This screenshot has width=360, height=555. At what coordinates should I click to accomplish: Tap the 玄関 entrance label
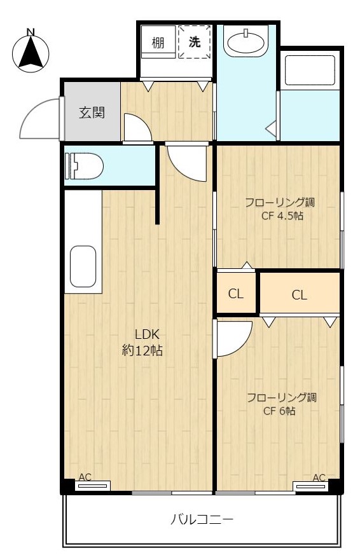pos(92,113)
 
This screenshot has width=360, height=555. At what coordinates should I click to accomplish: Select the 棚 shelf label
pos(158,43)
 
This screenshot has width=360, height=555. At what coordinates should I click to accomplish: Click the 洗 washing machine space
pos(195,42)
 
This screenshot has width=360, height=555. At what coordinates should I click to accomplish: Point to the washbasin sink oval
pos(246,43)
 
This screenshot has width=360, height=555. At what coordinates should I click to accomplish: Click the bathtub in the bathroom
pos(310,70)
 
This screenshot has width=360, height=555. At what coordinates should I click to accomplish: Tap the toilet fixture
pos(84,166)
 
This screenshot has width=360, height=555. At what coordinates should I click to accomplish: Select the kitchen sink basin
pos(83,266)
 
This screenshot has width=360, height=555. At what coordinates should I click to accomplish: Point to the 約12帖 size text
pos(142,350)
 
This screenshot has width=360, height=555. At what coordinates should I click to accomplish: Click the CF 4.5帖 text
pos(282,216)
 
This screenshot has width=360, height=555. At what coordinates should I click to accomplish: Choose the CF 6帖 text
pos(279,411)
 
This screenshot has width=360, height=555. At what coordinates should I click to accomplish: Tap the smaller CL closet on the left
pos(236,294)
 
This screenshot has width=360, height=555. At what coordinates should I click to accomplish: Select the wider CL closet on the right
pos(300,294)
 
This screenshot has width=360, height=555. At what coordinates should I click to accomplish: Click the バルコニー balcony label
pos(202,519)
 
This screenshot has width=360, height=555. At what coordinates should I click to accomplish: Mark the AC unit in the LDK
pos(93,486)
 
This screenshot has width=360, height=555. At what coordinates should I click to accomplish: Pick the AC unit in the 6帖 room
pos(310,486)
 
